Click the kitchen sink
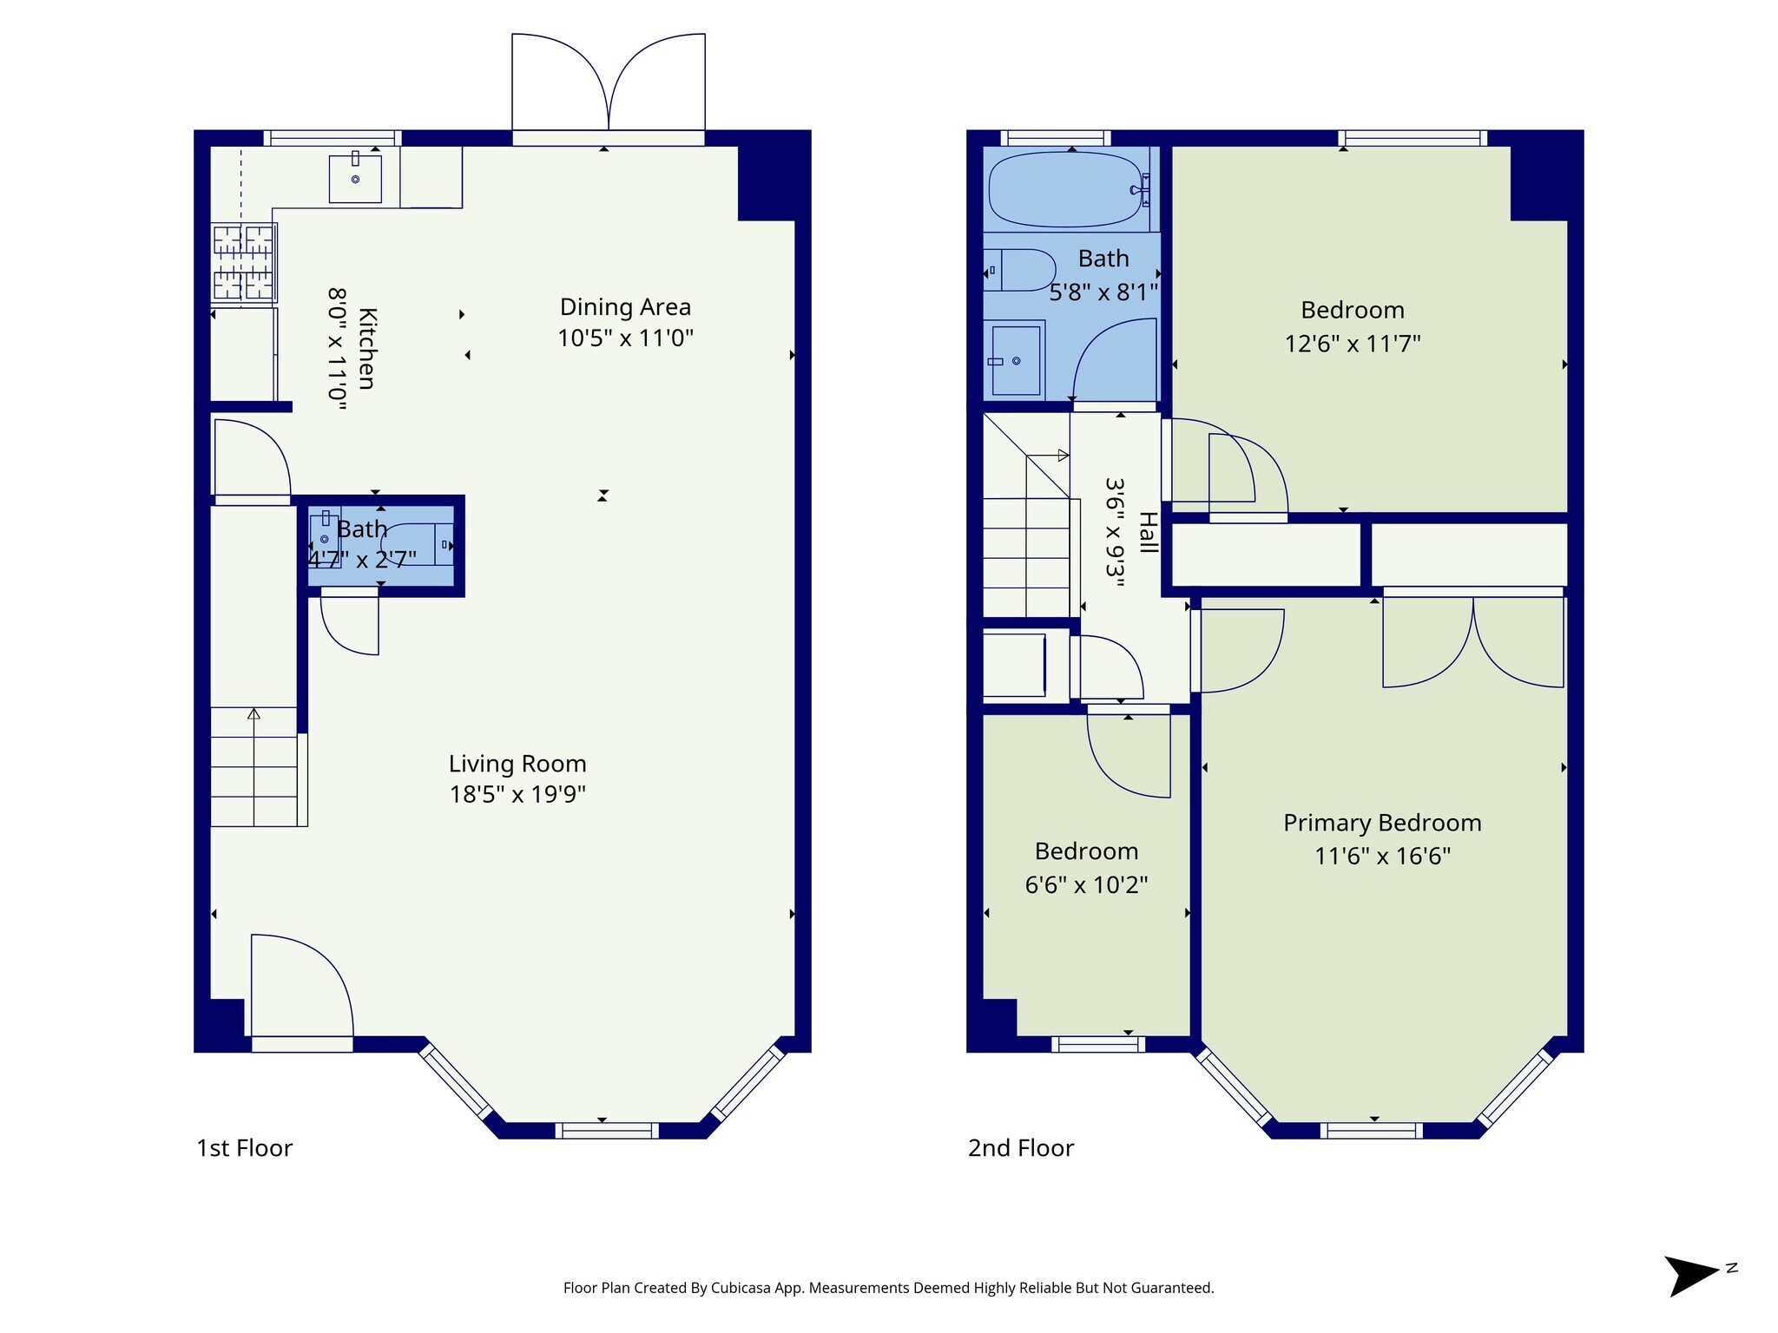tap(355, 178)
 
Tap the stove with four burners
tap(244, 263)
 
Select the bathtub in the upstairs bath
tap(1065, 189)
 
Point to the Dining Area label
tap(625, 307)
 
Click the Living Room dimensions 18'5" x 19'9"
tap(517, 794)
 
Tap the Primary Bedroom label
tap(1382, 823)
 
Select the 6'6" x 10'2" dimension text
tap(1086, 884)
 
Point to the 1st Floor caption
tap(245, 1148)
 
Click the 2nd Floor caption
tap(1021, 1148)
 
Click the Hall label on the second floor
tap(1148, 533)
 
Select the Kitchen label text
tap(366, 348)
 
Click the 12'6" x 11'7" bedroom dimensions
tap(1353, 344)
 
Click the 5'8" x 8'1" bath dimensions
tap(1103, 292)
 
